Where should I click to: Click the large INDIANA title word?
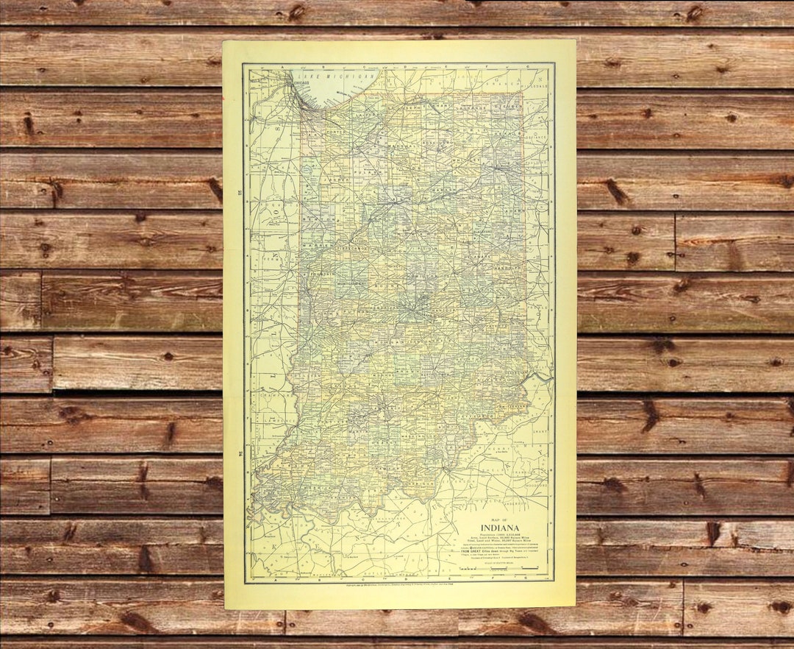pos(500,528)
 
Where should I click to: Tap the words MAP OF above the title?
pos(500,518)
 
